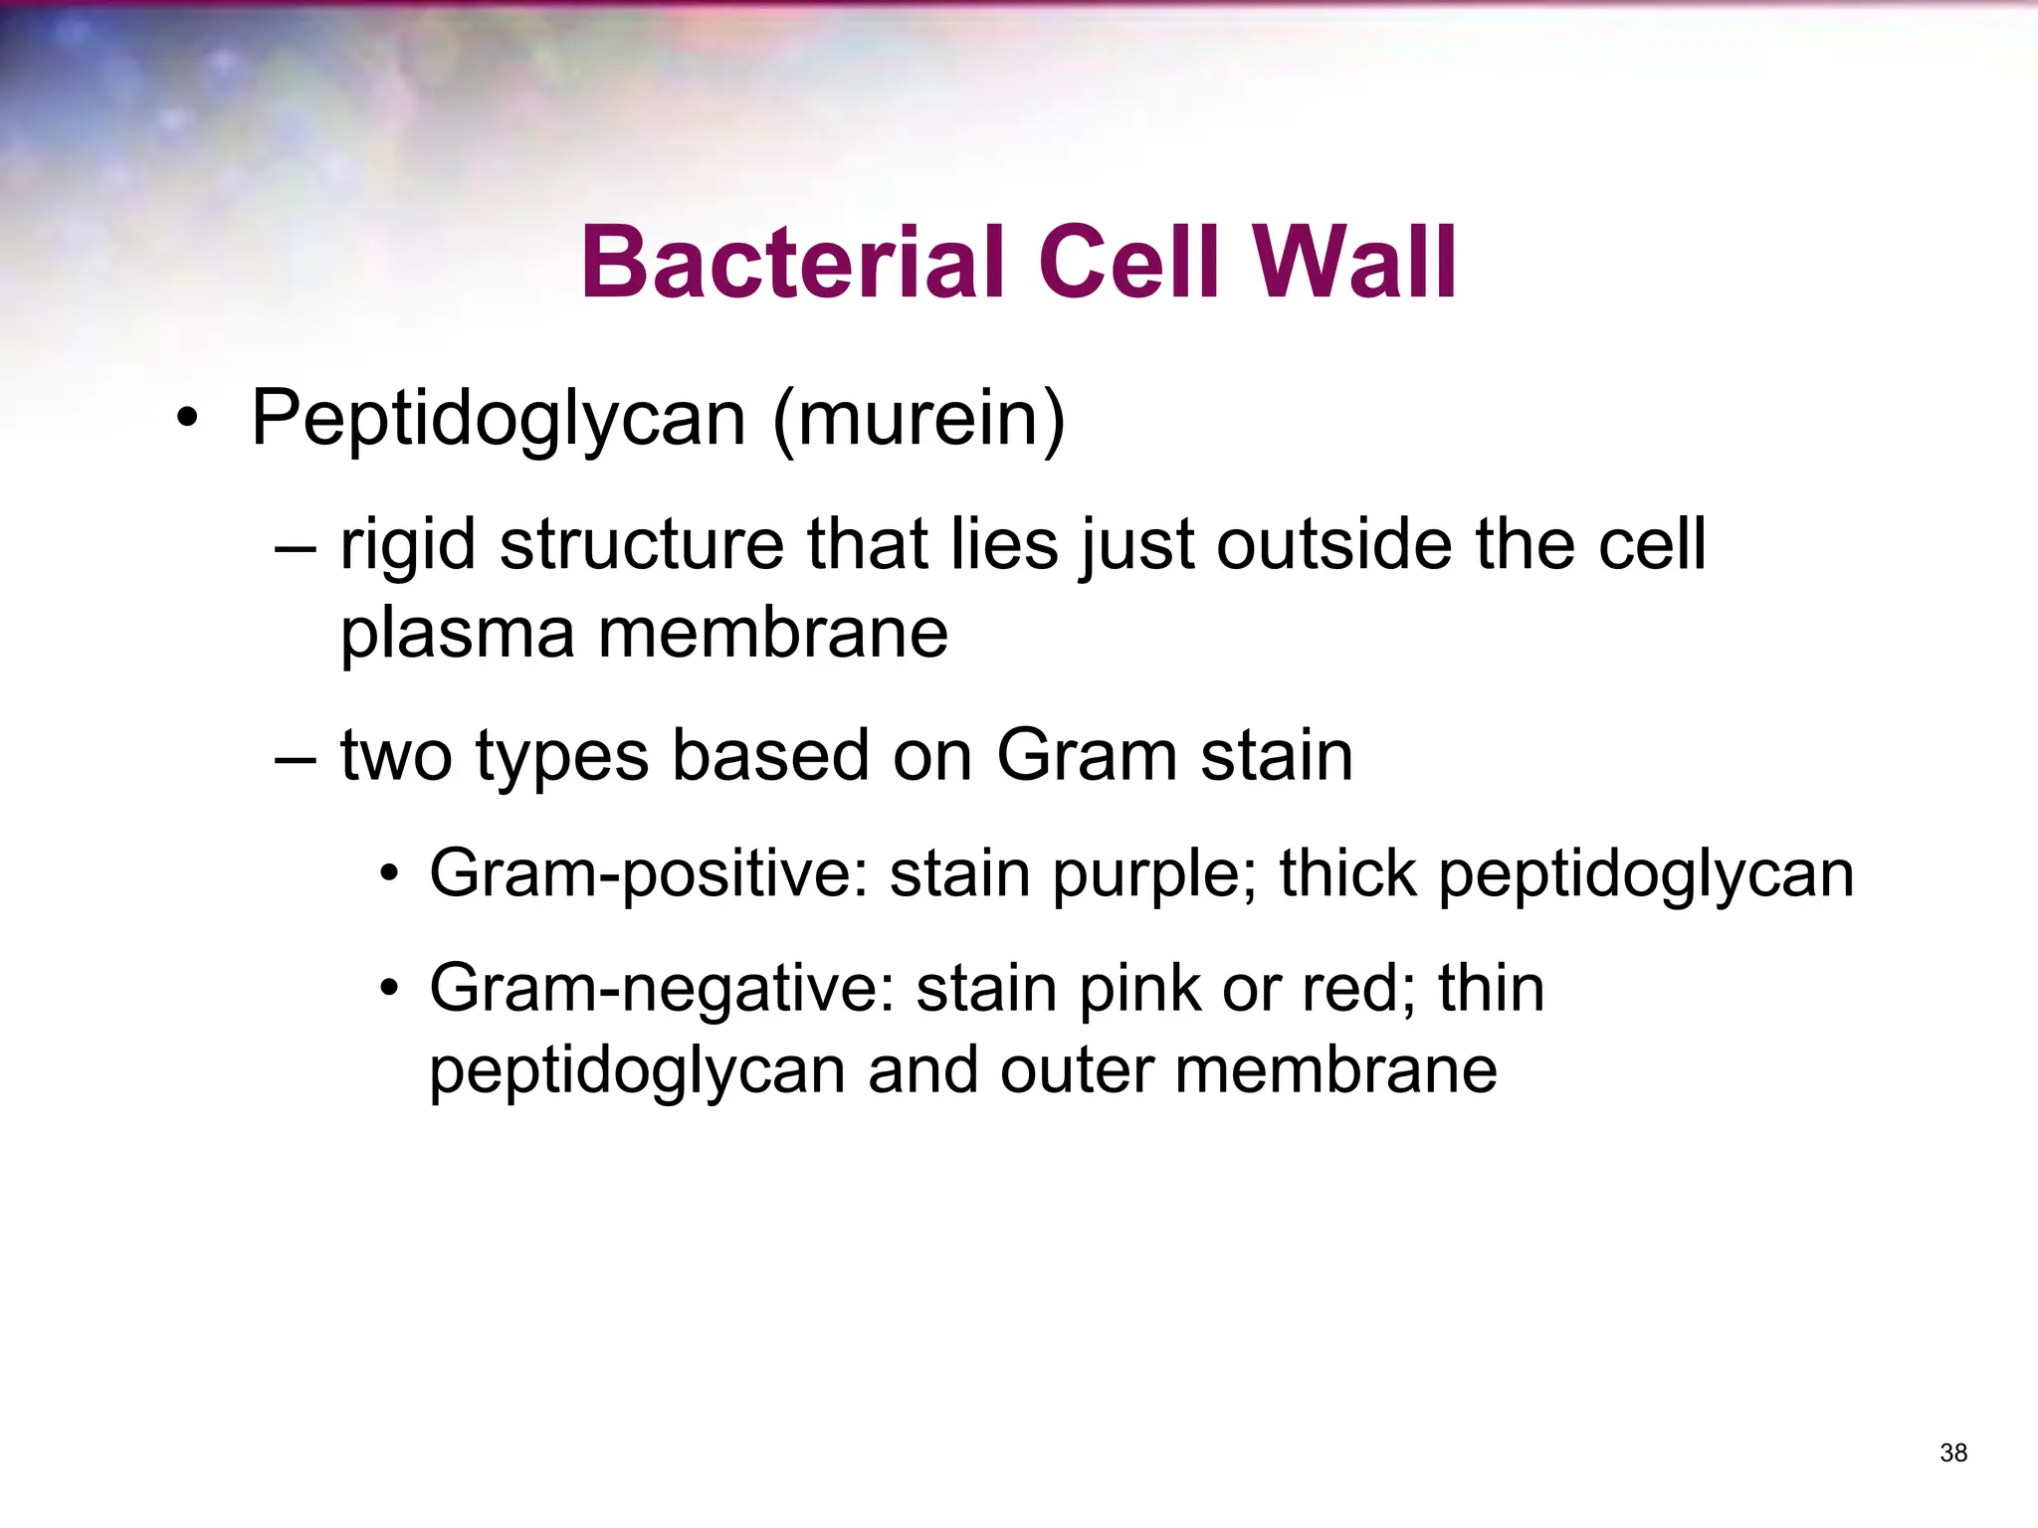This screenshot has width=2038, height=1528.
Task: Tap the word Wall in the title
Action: pyautogui.click(x=1354, y=262)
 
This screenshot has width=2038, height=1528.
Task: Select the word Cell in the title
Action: pyautogui.click(x=1128, y=262)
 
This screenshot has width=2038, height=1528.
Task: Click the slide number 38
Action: pyautogui.click(x=1952, y=1453)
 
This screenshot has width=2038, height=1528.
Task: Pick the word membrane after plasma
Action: pyautogui.click(x=772, y=635)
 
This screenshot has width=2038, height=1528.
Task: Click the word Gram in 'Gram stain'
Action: pyautogui.click(x=1086, y=756)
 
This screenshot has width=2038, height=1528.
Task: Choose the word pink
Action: pyautogui.click(x=1139, y=990)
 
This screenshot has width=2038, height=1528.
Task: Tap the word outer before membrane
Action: pyautogui.click(x=1076, y=1070)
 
